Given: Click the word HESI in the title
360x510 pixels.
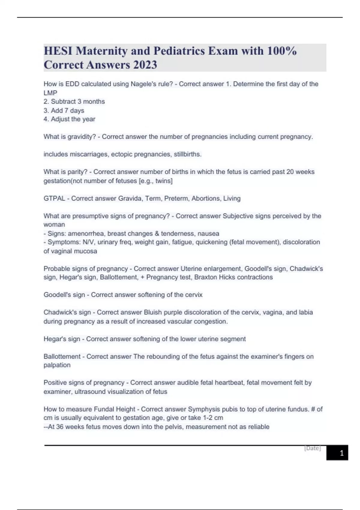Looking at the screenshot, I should pos(58,51).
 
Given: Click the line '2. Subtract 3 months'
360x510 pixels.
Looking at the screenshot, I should pos(74,101).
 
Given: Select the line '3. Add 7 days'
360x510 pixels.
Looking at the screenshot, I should pos(64,110).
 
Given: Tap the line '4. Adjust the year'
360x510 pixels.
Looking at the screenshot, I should pos(69,119).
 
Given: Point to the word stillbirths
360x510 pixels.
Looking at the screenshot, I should pos(187,154).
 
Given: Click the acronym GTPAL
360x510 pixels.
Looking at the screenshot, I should pos(54,198).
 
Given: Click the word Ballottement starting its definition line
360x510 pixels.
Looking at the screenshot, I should pos(62,356).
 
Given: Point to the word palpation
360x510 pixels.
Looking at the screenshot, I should pos(57,365).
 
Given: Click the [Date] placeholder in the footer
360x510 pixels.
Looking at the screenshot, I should pos(313,448).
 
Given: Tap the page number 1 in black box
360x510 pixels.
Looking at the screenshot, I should pos(341,453).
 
